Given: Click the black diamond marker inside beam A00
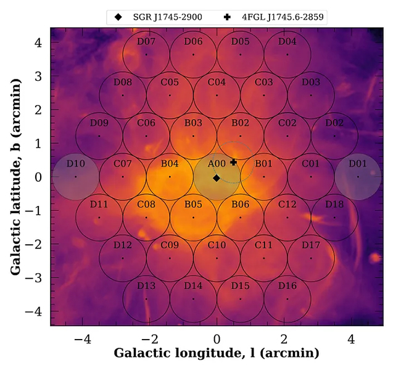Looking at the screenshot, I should pyautogui.click(x=216, y=178).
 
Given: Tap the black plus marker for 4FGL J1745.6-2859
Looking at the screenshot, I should pyautogui.click(x=233, y=162).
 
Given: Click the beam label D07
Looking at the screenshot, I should pyautogui.click(x=146, y=42).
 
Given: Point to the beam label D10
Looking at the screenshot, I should pyautogui.click(x=75, y=163).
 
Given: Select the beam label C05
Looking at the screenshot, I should pyautogui.click(x=170, y=82).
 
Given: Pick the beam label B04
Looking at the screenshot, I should pyautogui.click(x=170, y=163).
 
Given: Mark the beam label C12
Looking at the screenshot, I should pyautogui.click(x=287, y=204).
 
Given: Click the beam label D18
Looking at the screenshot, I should pyautogui.click(x=334, y=204).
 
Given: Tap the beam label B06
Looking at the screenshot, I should pyautogui.click(x=240, y=204).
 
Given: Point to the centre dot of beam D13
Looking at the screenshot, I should pyautogui.click(x=146, y=299).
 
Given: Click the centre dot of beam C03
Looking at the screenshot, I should pyautogui.click(x=264, y=96).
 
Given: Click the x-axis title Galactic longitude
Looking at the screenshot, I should pyautogui.click(x=216, y=354).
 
